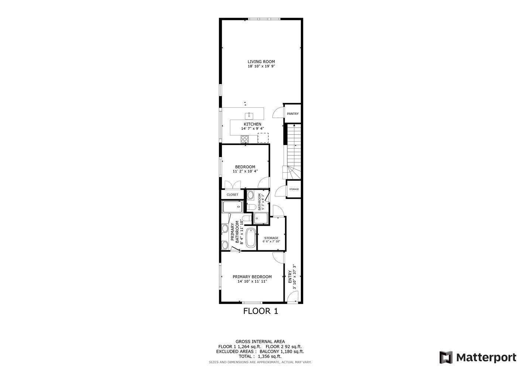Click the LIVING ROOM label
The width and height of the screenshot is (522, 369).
point(261,62)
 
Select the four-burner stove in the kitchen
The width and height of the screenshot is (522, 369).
point(245,139)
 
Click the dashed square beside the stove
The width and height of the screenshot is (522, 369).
point(263,138)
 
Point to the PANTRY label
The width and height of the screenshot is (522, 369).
point(293,114)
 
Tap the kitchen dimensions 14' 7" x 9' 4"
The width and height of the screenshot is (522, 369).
point(253,129)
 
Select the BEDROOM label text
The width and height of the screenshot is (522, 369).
point(245,167)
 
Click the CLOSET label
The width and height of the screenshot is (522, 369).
point(232,194)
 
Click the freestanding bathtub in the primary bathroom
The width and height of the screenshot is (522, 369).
point(251,238)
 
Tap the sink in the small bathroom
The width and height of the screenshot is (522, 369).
point(250,195)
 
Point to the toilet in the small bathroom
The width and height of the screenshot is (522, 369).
point(250,207)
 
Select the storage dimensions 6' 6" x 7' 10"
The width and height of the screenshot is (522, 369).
point(271,242)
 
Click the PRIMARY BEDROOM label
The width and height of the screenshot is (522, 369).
point(252,277)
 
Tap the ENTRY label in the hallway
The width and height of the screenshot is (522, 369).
point(290,277)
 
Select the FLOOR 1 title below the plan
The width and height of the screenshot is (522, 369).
point(261,311)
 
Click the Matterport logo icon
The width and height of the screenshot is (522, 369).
point(446,357)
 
